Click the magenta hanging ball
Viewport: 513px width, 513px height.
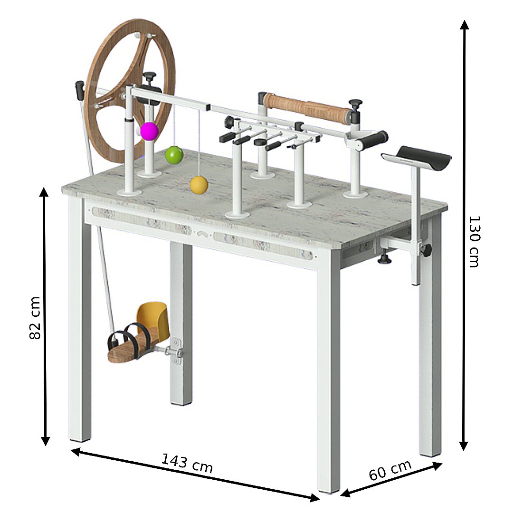coord(150,131)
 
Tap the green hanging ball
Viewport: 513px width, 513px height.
coord(174,155)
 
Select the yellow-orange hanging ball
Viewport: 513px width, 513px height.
coord(199,185)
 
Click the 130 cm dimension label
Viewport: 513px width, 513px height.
coord(474,241)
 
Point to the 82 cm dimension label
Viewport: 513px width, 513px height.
coord(35,318)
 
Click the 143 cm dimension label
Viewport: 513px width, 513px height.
coord(187,463)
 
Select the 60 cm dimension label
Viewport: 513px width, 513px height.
coord(390,470)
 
